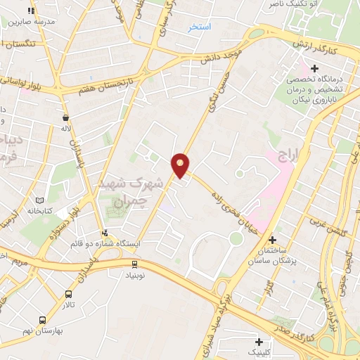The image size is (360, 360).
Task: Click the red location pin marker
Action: click(181, 165)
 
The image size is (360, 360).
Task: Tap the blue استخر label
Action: click(200, 27)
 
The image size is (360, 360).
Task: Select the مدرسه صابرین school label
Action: click(31, 21)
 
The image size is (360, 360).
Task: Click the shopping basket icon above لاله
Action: click(65, 118)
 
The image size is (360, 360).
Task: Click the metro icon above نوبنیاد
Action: click(134, 264)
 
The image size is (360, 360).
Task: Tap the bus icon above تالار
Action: click(68, 294)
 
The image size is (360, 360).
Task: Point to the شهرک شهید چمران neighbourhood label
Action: click(145, 190)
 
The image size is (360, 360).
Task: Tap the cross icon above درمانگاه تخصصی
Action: click(314, 69)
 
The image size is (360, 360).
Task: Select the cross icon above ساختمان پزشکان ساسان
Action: click(272, 240)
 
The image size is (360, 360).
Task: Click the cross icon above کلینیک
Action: click(259, 341)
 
